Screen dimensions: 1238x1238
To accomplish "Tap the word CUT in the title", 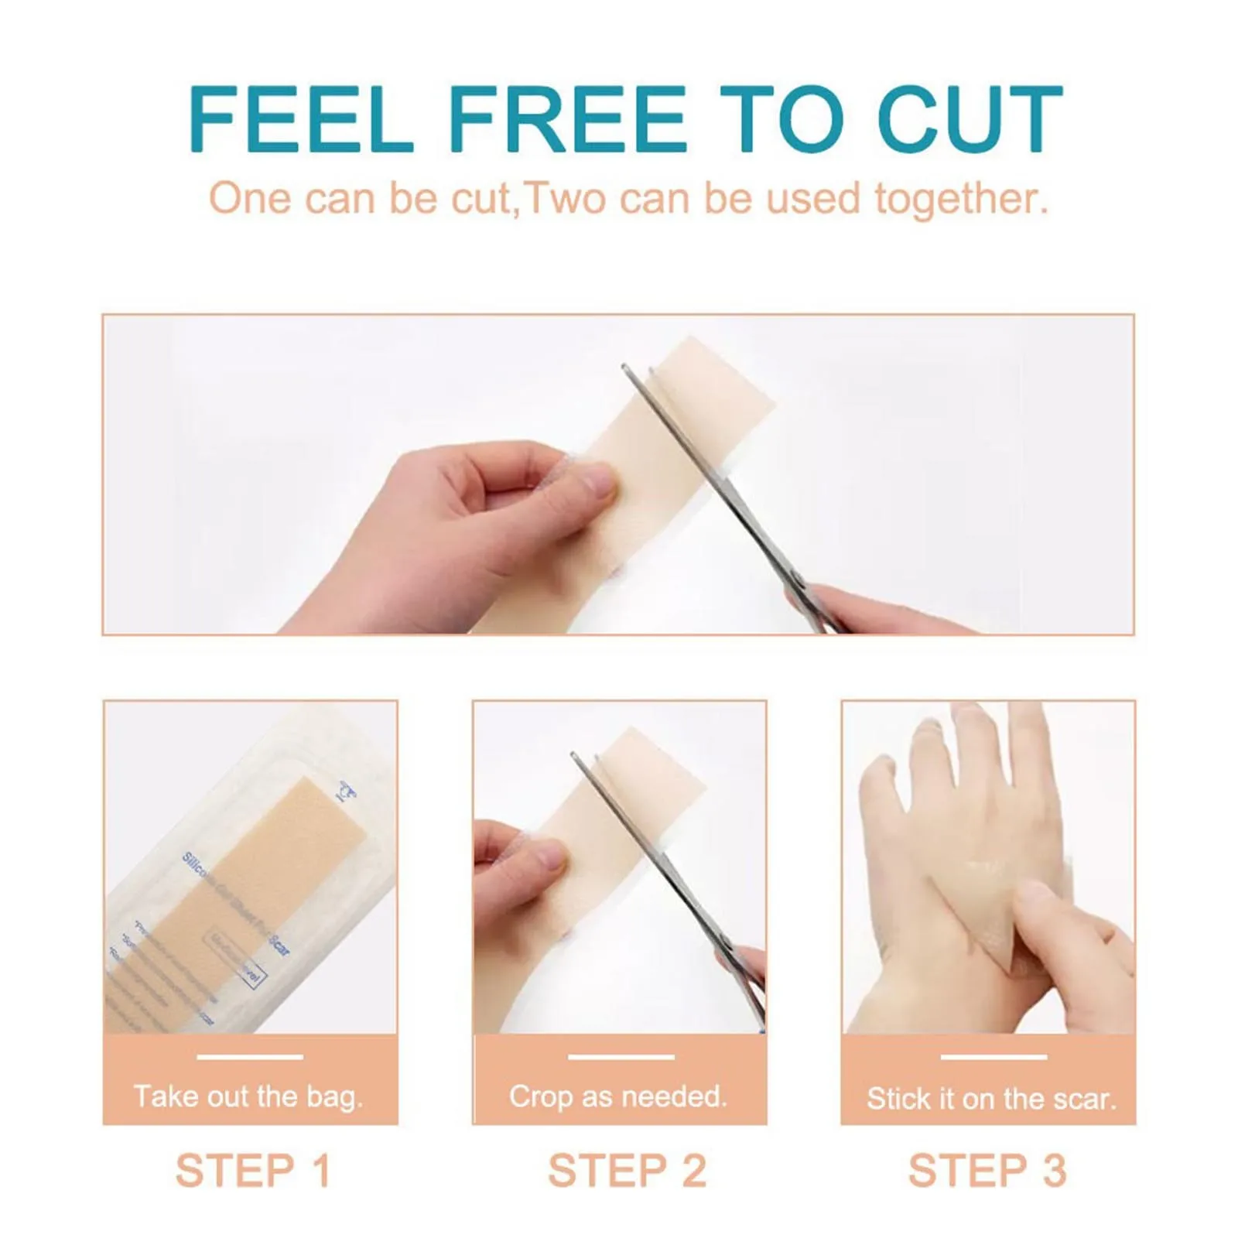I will point(970,120).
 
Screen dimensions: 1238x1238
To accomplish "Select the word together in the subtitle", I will point(961,199).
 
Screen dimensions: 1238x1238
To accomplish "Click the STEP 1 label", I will point(253,1170).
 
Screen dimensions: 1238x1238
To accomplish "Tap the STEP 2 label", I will point(627,1170).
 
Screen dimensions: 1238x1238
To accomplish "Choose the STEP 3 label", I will point(987,1170).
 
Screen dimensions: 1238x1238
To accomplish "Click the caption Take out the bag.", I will point(248,1096).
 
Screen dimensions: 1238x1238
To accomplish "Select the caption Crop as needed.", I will point(618,1096).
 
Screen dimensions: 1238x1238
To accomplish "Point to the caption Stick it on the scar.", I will point(991,1099).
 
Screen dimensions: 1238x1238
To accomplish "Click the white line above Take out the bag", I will point(249,1057).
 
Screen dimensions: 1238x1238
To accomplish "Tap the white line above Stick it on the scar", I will point(993,1057).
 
